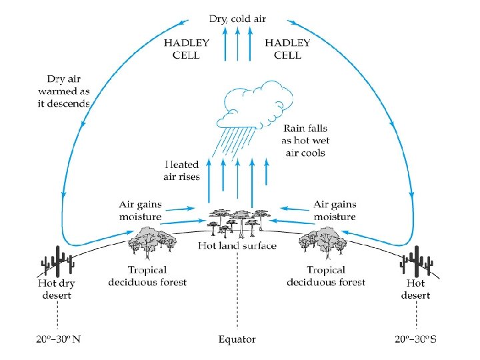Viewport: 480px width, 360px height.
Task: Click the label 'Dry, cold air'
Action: [x=238, y=19]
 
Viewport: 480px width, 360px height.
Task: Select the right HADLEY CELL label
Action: [x=287, y=49]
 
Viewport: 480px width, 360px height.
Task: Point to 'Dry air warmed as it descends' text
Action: [x=64, y=91]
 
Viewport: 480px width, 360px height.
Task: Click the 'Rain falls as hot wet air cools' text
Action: [x=306, y=140]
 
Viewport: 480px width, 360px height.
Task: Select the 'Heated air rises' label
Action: [x=181, y=171]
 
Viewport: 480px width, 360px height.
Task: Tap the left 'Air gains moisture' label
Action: [x=140, y=211]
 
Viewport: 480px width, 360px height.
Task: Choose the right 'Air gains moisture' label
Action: [x=335, y=211]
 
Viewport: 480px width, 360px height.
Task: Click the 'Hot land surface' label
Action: [x=237, y=245]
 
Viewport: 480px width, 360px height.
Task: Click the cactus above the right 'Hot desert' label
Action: [x=416, y=262]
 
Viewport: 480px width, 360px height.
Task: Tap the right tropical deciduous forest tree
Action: [x=325, y=241]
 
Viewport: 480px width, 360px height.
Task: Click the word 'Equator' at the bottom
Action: [x=237, y=339]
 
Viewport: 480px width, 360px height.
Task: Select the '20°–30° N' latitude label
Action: [x=58, y=339]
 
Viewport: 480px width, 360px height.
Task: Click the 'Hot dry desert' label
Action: [x=58, y=289]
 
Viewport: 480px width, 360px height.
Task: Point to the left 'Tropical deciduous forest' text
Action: [x=147, y=276]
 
